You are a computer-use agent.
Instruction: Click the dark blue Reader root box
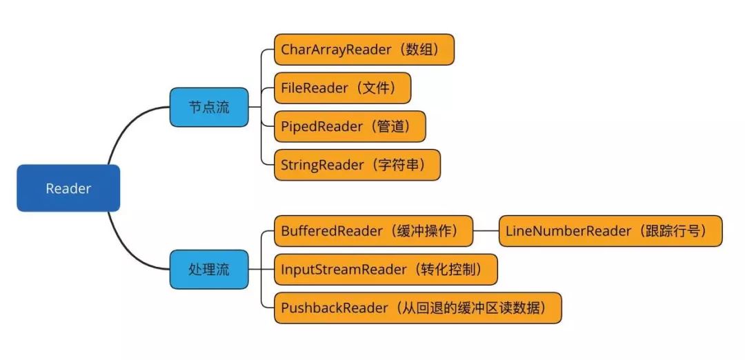(68, 188)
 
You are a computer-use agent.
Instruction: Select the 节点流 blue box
(209, 107)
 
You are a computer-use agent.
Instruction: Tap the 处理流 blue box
(209, 269)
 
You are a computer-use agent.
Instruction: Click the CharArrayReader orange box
(364, 50)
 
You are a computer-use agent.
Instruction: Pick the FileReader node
(342, 88)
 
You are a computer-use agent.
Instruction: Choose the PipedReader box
(350, 127)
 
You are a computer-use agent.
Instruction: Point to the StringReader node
(357, 166)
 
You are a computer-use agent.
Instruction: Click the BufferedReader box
(373, 231)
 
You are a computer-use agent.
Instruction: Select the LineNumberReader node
(610, 231)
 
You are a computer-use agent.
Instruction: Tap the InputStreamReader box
(386, 269)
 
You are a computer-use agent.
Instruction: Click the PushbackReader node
(417, 308)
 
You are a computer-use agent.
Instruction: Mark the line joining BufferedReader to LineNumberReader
(486, 231)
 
